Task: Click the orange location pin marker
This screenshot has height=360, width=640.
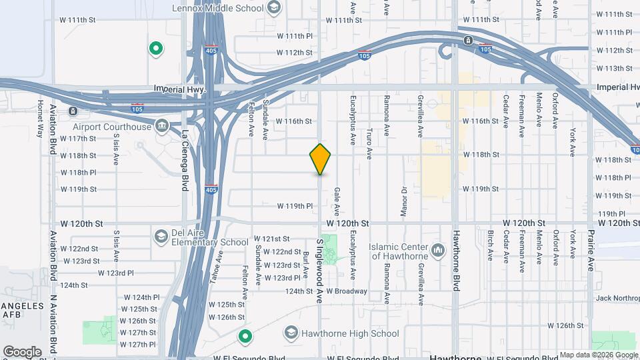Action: [321, 159]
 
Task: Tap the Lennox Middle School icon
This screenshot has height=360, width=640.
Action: [272, 7]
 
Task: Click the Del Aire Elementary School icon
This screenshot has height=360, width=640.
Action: [161, 236]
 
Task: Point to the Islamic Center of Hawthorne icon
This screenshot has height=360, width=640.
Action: [438, 251]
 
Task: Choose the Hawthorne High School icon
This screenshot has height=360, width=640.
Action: [291, 332]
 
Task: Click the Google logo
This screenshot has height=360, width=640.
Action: [22, 351]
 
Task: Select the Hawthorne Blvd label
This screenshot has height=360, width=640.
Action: [457, 261]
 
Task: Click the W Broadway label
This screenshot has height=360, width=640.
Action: [347, 291]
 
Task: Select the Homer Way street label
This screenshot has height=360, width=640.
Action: [40, 118]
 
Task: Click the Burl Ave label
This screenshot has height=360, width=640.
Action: [305, 264]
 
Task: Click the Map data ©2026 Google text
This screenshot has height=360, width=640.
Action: [598, 355]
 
